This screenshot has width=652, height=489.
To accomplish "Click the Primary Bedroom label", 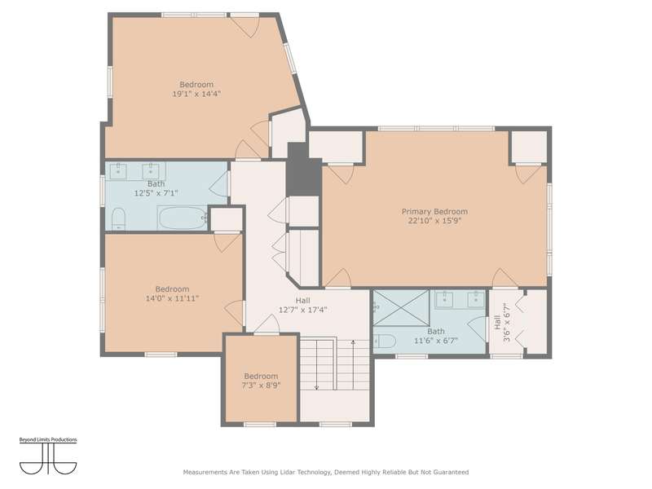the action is coord(434,212).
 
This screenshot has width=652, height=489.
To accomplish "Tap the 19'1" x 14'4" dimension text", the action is coord(196,94).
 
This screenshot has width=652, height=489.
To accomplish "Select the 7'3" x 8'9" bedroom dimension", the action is coord(261,385).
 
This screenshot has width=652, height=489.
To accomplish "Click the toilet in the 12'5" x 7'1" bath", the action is coord(118,218).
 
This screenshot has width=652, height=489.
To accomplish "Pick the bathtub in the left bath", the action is coord(183,218).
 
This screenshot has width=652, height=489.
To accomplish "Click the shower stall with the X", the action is coord(401,308).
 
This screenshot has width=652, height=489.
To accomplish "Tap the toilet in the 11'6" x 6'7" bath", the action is coord(385,341).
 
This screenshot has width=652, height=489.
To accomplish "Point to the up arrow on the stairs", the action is coord(353,364).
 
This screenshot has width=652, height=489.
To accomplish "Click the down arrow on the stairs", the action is coord(317,364).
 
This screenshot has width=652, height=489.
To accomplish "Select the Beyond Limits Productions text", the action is coord(48,440).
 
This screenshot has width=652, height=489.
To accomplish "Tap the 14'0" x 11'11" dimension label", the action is coord(172,298).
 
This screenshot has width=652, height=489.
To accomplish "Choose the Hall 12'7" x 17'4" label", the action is coord(302,305).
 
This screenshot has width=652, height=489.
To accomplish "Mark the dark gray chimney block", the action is coord(304,170).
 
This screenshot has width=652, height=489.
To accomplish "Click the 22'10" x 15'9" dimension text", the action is coord(434,221).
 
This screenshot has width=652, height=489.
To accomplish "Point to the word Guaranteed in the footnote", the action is coord(452,473).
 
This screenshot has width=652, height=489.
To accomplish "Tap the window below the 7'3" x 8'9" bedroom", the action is coord(260,425).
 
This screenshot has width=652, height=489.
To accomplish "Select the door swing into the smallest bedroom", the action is coord(267,324).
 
